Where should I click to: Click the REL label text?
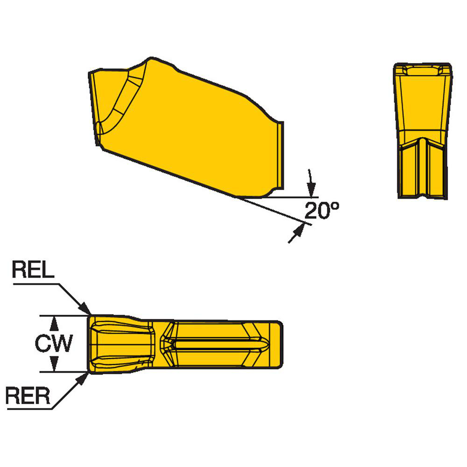click(33, 271)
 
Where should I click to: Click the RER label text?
click(28, 397)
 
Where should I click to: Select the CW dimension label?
click(54, 345)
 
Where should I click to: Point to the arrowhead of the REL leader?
click(86, 311)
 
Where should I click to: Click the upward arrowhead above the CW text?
click(55, 322)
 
